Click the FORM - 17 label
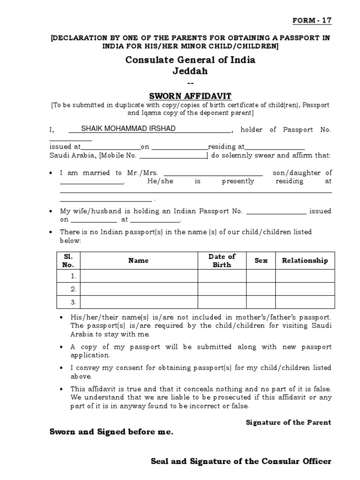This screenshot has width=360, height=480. pos(312,21)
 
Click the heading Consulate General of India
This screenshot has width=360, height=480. pos(190,60)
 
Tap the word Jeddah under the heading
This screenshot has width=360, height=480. pos(190,72)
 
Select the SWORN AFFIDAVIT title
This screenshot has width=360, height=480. pos(190,96)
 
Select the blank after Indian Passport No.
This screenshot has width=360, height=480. pos(277,211)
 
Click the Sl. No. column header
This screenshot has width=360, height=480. pos(68,261)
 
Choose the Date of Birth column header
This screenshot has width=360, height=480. pos(222,261)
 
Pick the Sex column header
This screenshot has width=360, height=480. pos(261,261)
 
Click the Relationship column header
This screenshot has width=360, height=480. pos(305,261)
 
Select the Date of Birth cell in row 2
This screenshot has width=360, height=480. pos(222,289)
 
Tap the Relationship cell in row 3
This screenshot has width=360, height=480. pos(305,301)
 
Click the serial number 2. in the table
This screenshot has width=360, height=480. pos(73,289)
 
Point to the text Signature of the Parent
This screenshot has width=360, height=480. pos(288,422)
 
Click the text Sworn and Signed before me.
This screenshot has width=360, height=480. pos(112,432)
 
